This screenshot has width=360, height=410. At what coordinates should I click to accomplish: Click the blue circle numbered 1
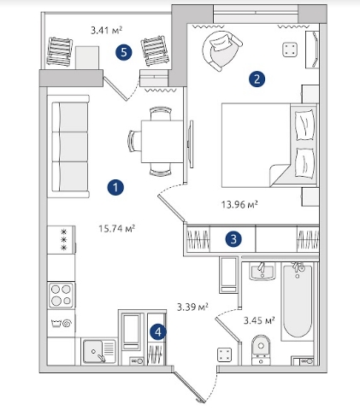pos(115,187)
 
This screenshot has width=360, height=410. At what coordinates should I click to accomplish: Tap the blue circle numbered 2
pos(257,79)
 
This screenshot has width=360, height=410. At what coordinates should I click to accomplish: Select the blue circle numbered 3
pos(233,239)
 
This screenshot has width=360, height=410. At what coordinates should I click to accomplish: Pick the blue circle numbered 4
pos(158,331)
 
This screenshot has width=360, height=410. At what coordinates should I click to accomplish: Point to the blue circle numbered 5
pos(124,52)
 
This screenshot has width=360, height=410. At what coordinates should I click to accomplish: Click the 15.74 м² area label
pos(116,228)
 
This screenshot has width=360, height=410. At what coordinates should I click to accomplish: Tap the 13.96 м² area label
pos(239,204)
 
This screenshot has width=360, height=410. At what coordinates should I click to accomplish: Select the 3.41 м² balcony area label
pos(107,30)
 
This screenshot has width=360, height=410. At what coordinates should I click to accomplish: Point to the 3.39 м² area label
pos(192,307)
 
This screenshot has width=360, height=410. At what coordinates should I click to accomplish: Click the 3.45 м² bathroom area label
pos(259,320)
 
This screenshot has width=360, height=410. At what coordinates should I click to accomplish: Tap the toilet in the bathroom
pos(261,350)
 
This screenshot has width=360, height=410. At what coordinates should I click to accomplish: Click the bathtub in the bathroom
pos(297,302)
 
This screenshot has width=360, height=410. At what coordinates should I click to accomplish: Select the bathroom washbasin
pos(263,272)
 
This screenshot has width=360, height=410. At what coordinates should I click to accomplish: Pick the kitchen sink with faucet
pos(99,352)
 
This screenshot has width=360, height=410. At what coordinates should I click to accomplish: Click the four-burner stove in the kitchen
pos(62,295)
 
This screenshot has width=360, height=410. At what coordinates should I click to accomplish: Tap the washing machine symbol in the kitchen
pos(62,324)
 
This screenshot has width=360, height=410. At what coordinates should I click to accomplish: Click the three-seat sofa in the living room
pos(68,147)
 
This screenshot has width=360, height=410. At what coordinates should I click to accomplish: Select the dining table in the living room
pos(162,142)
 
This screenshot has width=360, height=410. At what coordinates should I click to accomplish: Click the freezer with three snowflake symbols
pos(62,240)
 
